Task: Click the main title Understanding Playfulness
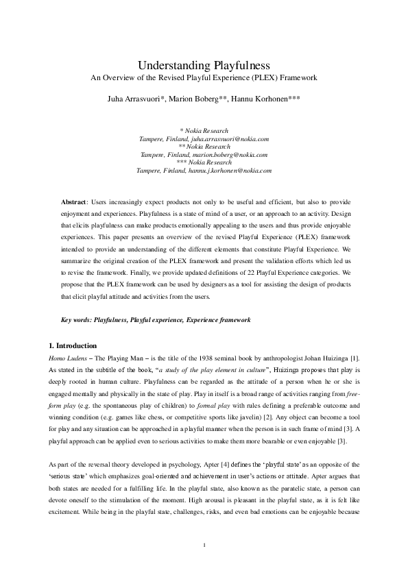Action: [x=204, y=66]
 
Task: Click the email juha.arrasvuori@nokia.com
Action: [x=224, y=138]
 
